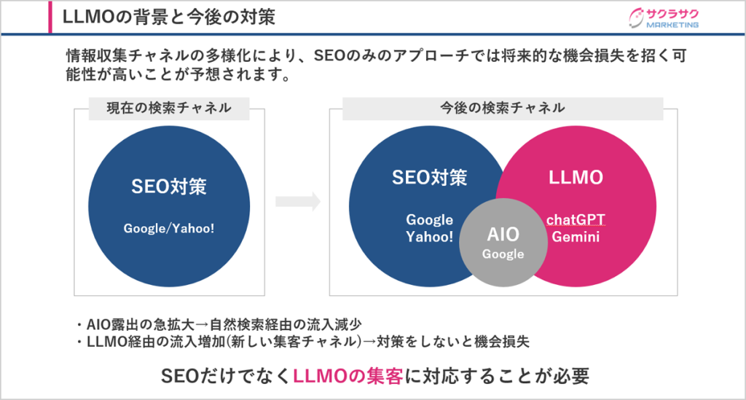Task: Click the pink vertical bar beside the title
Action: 50,17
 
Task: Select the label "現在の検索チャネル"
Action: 169,108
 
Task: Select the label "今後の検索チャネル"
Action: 503,108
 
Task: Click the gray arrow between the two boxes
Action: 297,202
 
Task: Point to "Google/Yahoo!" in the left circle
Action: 169,228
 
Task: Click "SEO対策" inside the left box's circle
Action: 169,186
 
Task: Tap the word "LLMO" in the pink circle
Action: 576,177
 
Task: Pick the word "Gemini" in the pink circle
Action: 576,237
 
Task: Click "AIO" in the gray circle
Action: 503,234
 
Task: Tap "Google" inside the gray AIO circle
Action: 503,254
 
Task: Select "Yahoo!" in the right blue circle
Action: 429,237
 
